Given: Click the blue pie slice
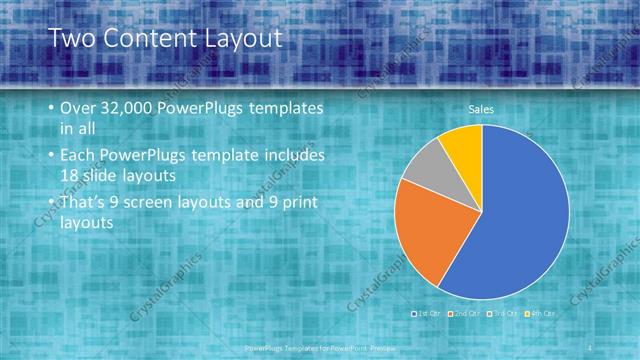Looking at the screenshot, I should (520, 220).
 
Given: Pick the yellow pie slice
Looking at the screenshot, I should (462, 143).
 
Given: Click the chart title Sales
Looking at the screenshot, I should (482, 110).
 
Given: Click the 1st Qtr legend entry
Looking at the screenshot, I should (429, 313).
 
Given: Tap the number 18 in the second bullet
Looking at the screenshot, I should (70, 176).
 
